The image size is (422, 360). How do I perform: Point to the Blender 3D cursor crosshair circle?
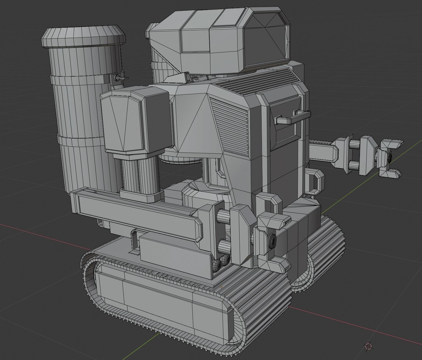click(368, 346)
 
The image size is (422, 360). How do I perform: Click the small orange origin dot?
click(221, 287)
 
